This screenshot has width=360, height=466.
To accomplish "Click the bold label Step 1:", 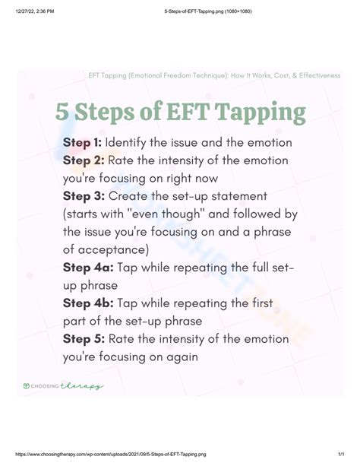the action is pyautogui.click(x=82, y=143).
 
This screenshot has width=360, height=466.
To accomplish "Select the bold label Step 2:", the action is pyautogui.click(x=84, y=161).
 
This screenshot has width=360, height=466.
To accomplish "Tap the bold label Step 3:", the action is pyautogui.click(x=84, y=196).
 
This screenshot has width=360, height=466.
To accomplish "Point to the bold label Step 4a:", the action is pyautogui.click(x=88, y=268).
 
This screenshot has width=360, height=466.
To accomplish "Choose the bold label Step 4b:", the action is pyautogui.click(x=88, y=303).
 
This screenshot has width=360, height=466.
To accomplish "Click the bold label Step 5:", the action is pyautogui.click(x=84, y=339).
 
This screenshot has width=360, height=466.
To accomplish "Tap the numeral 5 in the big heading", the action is pyautogui.click(x=62, y=112).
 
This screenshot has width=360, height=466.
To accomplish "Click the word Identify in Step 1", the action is pyautogui.click(x=125, y=143).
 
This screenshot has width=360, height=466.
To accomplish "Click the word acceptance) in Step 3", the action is pyautogui.click(x=113, y=250).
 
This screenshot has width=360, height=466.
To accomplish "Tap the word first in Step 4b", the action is pyautogui.click(x=262, y=303).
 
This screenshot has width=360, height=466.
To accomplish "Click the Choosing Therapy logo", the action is pyautogui.click(x=63, y=386).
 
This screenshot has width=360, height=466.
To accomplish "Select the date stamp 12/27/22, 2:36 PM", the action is pyautogui.click(x=35, y=11).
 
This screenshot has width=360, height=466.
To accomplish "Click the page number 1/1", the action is pyautogui.click(x=341, y=455).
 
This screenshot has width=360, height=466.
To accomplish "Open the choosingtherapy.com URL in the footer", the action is pyautogui.click(x=110, y=455).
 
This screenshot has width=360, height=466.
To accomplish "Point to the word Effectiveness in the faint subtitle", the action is pyautogui.click(x=320, y=75).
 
